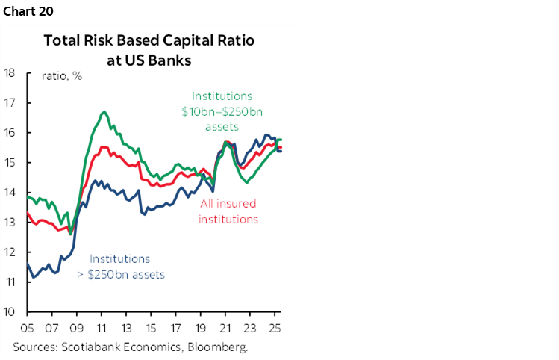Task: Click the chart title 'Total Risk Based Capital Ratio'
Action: click(x=149, y=41)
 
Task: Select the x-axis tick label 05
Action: click(x=28, y=327)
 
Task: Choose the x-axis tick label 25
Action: click(x=274, y=327)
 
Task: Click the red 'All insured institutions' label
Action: click(x=228, y=211)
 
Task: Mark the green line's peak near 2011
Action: click(x=104, y=112)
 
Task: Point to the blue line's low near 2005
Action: click(x=33, y=277)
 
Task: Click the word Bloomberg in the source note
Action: click(x=221, y=347)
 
